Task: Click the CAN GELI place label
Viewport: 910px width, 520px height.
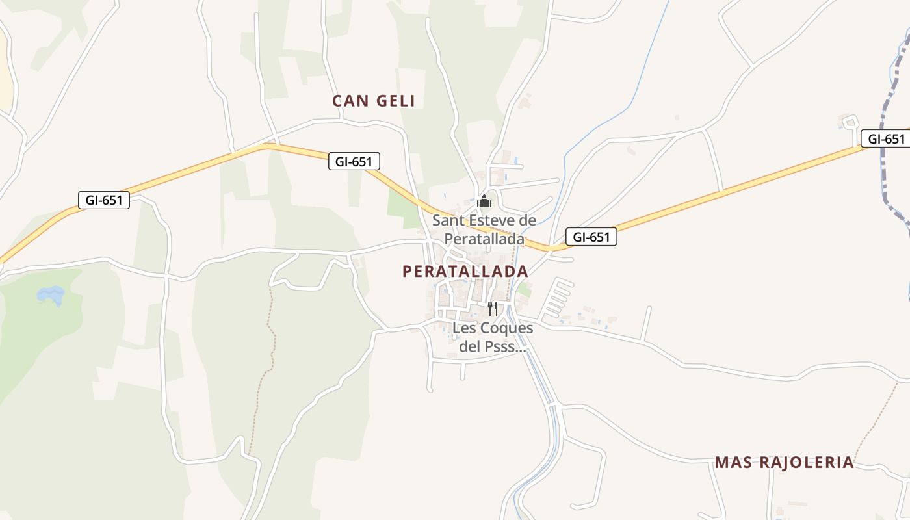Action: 373,101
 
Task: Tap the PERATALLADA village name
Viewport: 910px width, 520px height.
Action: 465,271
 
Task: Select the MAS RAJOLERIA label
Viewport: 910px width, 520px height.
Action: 784,462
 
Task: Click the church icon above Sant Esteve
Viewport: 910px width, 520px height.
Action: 484,201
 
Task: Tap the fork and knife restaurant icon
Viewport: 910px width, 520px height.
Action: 493,308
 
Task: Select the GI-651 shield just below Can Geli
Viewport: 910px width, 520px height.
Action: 354,161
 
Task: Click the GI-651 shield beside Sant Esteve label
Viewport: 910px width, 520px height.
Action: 591,237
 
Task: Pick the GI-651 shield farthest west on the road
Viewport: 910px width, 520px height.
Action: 103,200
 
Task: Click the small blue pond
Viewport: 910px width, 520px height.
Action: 51,296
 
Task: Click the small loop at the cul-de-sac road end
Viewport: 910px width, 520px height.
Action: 850,122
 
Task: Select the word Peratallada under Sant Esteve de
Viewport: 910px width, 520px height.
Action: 484,239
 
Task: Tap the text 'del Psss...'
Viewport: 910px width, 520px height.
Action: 492,346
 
